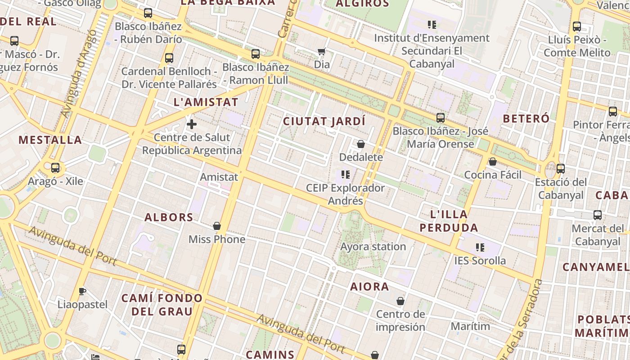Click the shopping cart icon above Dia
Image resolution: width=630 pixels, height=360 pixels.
click(321, 52)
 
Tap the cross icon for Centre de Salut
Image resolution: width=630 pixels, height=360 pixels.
click(192, 124)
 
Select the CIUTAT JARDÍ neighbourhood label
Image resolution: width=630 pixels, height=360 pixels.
click(324, 121)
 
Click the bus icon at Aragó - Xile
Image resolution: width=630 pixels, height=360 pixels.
click(55, 168)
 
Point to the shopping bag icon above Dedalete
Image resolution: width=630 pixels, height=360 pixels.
click(361, 144)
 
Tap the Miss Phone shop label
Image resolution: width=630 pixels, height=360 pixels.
click(217, 239)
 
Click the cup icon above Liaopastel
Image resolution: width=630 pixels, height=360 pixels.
click(82, 291)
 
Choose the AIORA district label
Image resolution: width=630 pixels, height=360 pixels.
click(369, 286)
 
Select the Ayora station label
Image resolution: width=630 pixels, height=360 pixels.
click(373, 247)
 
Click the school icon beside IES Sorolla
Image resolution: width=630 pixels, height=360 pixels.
click(480, 247)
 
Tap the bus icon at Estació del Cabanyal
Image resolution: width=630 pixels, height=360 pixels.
click(561, 169)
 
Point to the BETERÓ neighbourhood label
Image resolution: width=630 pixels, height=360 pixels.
click(526, 119)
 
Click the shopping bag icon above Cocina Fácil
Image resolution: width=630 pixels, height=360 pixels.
click(493, 162)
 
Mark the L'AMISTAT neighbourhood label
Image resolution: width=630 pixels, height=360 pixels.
click(206, 102)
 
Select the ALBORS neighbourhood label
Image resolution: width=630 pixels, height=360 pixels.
click(169, 217)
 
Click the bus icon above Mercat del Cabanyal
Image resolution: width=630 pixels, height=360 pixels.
click(598, 215)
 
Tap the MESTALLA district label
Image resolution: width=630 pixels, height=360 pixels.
click(50, 140)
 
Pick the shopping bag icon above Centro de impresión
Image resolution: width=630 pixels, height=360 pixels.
click(400, 301)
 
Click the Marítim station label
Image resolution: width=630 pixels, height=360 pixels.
click(470, 326)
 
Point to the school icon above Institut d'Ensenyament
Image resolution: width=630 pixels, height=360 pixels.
click(432, 25)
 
